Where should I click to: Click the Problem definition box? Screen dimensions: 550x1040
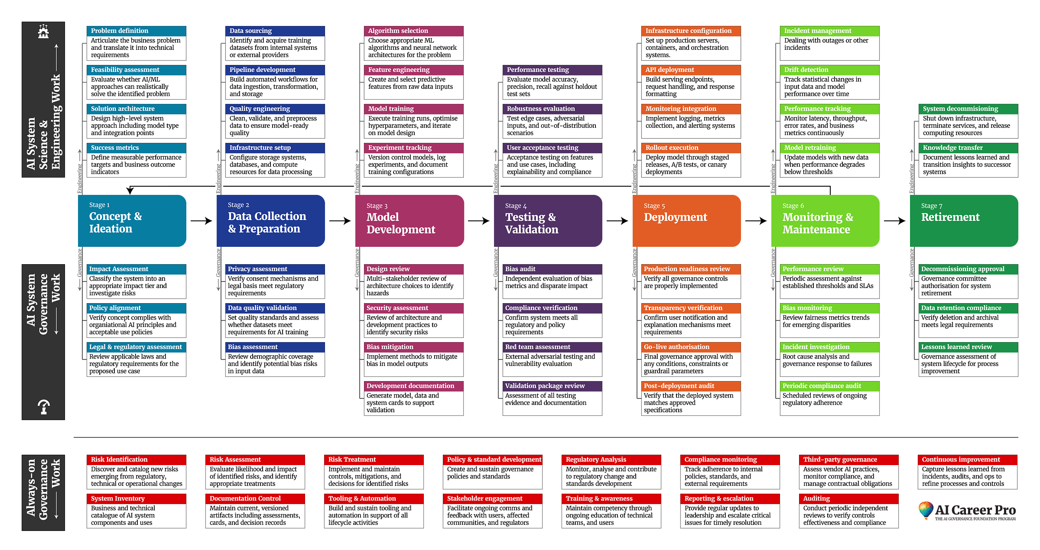tap(136, 31)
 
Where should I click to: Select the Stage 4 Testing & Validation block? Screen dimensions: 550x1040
tap(548, 221)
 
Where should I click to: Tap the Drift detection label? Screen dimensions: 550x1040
tap(829, 70)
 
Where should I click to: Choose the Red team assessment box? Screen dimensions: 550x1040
tap(552, 347)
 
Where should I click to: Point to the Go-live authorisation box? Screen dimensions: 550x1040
tap(691, 347)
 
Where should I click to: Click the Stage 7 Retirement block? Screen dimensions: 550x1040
tap(964, 221)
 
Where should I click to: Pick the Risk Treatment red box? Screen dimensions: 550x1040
tap(374, 460)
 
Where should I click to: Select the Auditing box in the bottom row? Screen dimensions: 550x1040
tap(848, 499)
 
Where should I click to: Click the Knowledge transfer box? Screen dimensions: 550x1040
tap(968, 148)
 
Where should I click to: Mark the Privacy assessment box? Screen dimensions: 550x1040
tap(275, 269)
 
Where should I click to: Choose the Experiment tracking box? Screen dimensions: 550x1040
tap(413, 148)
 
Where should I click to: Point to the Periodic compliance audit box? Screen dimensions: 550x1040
tap(829, 386)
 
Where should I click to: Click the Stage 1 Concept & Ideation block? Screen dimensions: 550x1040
tap(132, 221)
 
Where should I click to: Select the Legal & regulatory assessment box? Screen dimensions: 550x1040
tap(136, 347)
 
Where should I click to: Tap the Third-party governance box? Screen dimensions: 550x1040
tap(848, 460)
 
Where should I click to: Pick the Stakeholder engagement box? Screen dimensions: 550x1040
tap(492, 499)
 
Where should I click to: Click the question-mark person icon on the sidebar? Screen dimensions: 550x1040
tap(44, 407)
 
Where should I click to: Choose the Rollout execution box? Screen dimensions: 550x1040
tap(691, 148)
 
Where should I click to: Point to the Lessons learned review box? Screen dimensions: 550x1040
tap(968, 347)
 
